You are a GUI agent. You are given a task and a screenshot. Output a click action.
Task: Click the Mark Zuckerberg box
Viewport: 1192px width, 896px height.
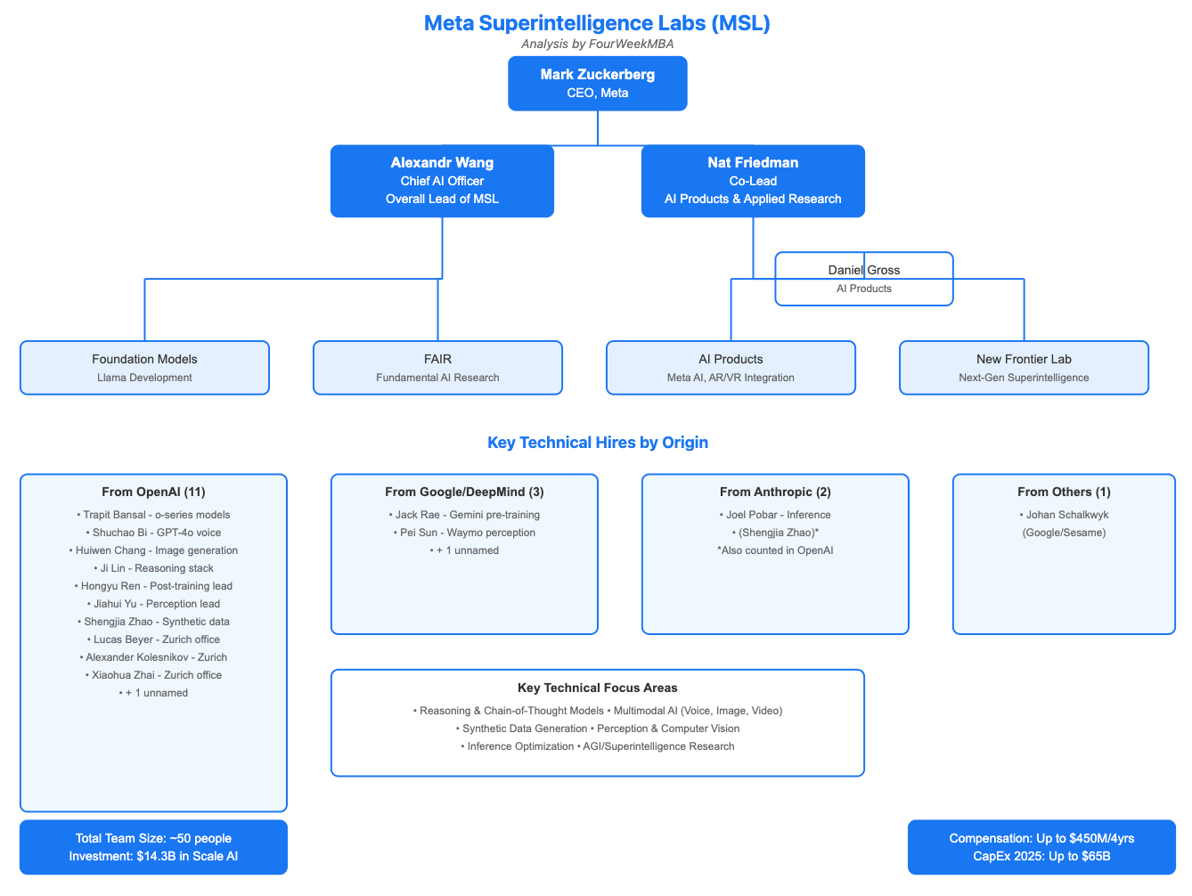coord(597,84)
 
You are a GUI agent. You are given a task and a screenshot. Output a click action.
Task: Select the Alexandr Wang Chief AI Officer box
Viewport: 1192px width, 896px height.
coord(442,181)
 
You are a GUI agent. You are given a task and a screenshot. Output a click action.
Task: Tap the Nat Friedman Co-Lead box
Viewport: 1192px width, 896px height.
coord(753,181)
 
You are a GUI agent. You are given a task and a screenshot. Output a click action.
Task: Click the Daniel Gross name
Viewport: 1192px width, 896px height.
coord(863,270)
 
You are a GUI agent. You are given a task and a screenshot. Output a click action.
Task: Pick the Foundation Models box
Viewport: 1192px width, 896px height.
coord(144,367)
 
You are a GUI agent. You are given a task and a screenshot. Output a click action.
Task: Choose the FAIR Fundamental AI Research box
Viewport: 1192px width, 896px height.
coord(437,367)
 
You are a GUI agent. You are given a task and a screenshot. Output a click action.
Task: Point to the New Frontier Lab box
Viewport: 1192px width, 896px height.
coord(1024,367)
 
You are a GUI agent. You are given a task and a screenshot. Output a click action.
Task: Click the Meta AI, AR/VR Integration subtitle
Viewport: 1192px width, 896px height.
coord(731,378)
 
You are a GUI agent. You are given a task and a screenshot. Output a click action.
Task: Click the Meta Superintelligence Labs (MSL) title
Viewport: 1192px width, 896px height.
coord(597,23)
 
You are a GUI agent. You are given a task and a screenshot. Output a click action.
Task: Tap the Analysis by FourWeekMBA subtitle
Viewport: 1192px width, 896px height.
coord(597,44)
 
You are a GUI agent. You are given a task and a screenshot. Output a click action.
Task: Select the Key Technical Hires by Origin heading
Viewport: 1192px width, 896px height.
coord(597,443)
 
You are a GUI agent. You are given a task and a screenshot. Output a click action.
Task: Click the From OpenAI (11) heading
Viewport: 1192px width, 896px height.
coord(153,492)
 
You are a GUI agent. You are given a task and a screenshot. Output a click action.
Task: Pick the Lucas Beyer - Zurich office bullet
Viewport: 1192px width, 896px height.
coord(153,639)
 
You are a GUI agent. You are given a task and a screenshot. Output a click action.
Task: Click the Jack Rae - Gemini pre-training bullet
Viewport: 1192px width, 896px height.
coord(464,515)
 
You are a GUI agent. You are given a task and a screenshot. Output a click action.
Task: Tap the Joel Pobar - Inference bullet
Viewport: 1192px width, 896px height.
coord(774,515)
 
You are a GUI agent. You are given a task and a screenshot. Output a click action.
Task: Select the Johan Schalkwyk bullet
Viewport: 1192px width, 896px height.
coord(1064,515)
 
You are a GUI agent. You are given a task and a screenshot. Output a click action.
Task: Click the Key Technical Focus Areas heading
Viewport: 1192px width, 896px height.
coord(597,688)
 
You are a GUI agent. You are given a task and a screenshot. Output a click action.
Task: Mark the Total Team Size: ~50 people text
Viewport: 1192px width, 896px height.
coord(153,838)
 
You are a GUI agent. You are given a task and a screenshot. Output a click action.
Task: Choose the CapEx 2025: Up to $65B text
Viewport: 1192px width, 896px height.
coord(1041,857)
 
